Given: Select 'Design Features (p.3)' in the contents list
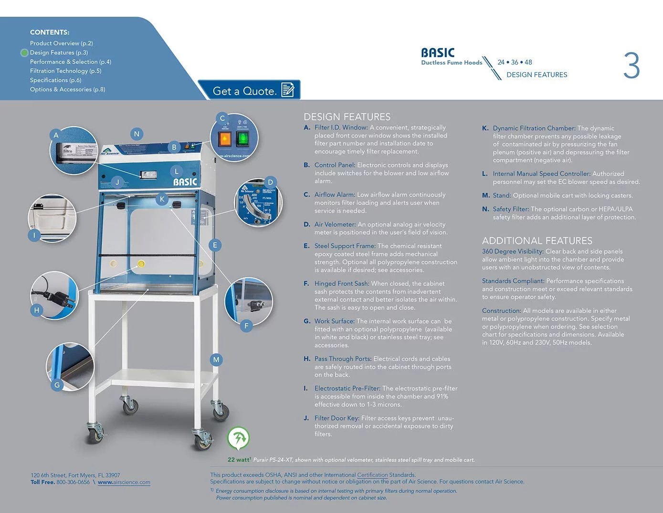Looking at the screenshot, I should pos(59,53).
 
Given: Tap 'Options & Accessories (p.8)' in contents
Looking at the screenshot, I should pos(67,89).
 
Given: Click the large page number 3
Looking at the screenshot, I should pos(631,66).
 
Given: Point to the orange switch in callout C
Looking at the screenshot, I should pos(224,139).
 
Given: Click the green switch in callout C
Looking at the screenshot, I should pos(242,139).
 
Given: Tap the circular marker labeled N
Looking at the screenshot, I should pos(137,134).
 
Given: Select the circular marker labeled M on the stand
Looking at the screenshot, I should pos(216,360).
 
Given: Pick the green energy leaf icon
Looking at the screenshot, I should pos(238,437).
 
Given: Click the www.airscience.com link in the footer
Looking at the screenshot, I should pos(124,482).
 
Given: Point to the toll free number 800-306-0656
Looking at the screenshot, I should pos(73,482).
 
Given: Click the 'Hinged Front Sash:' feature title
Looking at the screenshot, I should pos(341,284).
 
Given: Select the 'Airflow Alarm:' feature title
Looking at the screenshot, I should pos(334,195).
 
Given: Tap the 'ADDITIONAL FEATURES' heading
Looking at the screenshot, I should pos(537,240).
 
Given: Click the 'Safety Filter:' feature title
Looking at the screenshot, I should pos(511,209).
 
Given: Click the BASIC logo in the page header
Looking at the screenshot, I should pos(438,53).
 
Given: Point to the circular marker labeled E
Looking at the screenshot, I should pos(215,245).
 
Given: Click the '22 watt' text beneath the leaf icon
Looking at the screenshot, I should pos(239,459).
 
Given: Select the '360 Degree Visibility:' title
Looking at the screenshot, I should pos(513,251).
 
